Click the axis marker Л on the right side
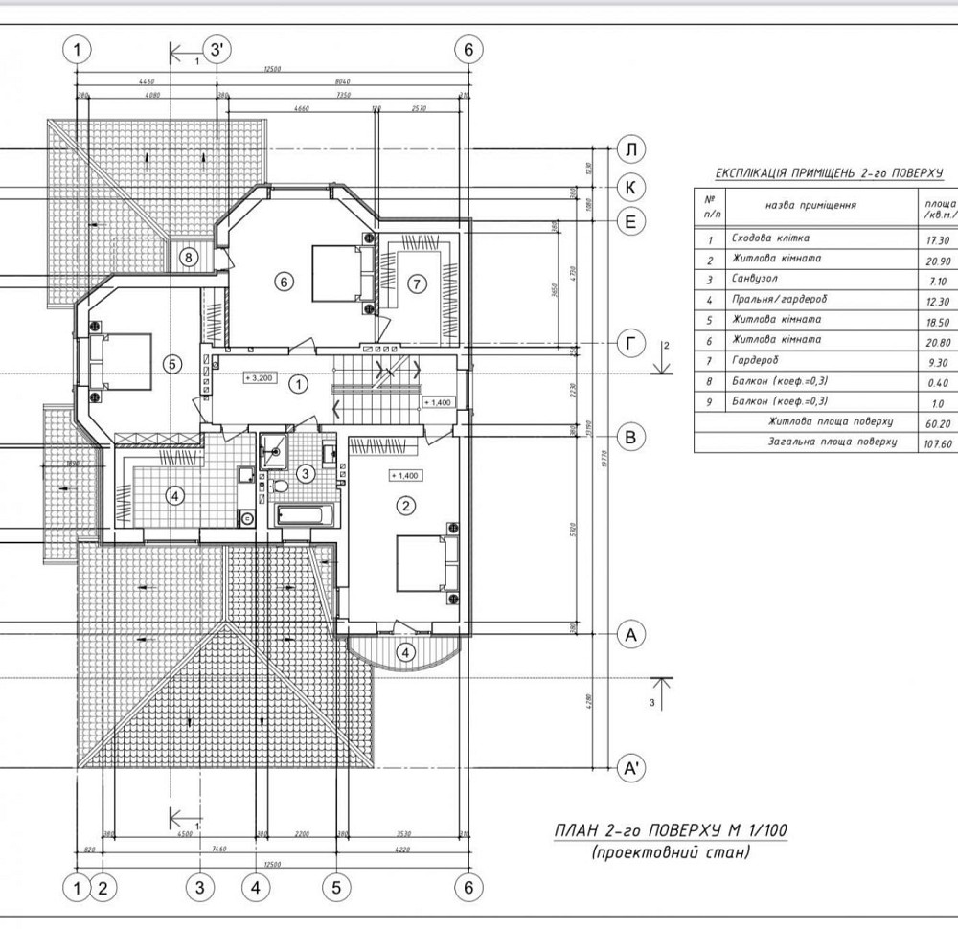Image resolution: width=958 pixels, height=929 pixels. pos(631,150)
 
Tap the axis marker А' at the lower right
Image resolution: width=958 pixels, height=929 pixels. pos(631,768)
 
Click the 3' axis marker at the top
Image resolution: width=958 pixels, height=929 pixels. pos(217,50)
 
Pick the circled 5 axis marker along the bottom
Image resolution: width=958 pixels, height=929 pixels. pos(337,887)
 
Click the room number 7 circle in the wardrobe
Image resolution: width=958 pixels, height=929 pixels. pos(415,283)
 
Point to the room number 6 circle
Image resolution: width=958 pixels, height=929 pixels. pos(282,282)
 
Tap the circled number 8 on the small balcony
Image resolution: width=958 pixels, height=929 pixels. pos(189,257)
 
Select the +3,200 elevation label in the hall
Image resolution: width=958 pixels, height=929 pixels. pos(260,378)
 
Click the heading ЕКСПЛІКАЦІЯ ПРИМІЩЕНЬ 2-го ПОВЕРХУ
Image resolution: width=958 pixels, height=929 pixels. pos(830,173)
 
